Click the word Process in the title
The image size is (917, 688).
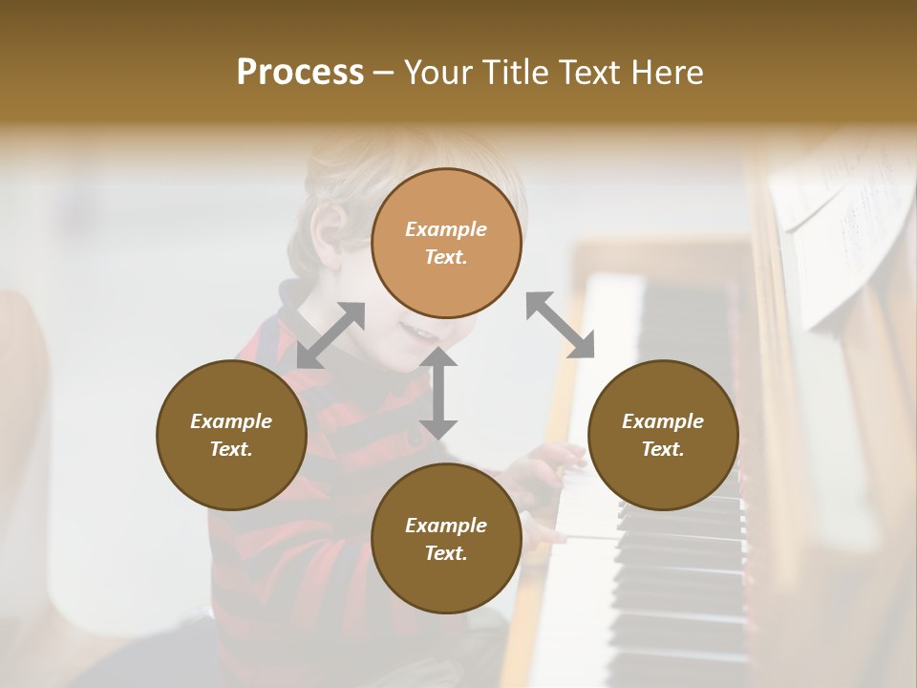[300, 73]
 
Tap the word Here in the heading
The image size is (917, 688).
[666, 73]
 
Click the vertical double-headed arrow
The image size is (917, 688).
[438, 393]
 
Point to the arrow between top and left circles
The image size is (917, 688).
[331, 335]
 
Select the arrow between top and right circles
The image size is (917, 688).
[561, 326]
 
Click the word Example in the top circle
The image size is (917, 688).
[446, 229]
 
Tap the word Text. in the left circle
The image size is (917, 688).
[231, 449]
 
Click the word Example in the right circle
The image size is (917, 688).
[663, 421]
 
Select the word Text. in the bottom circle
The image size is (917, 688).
[446, 553]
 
